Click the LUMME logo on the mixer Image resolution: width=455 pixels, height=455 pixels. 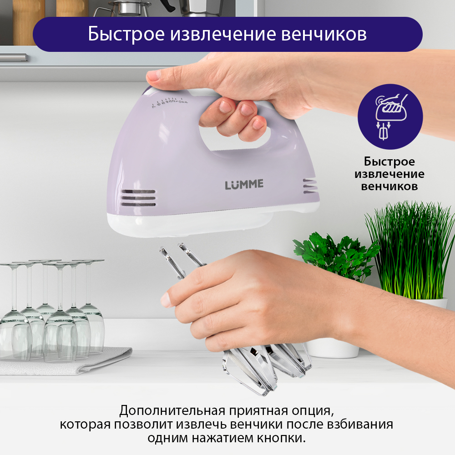pos(244,185)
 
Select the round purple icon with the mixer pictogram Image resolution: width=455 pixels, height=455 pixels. pos(390,116)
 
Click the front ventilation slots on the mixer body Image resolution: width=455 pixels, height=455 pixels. pos(138,198)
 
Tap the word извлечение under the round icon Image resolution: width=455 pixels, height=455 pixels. pos(389,174)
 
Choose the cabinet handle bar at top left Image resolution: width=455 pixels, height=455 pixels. pos(14,57)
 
